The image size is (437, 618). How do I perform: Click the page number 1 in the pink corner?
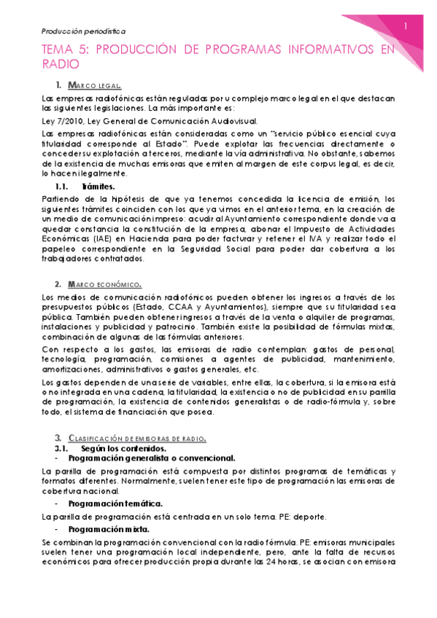[x=406, y=26]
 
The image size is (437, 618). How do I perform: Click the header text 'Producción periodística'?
[x=83, y=31]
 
